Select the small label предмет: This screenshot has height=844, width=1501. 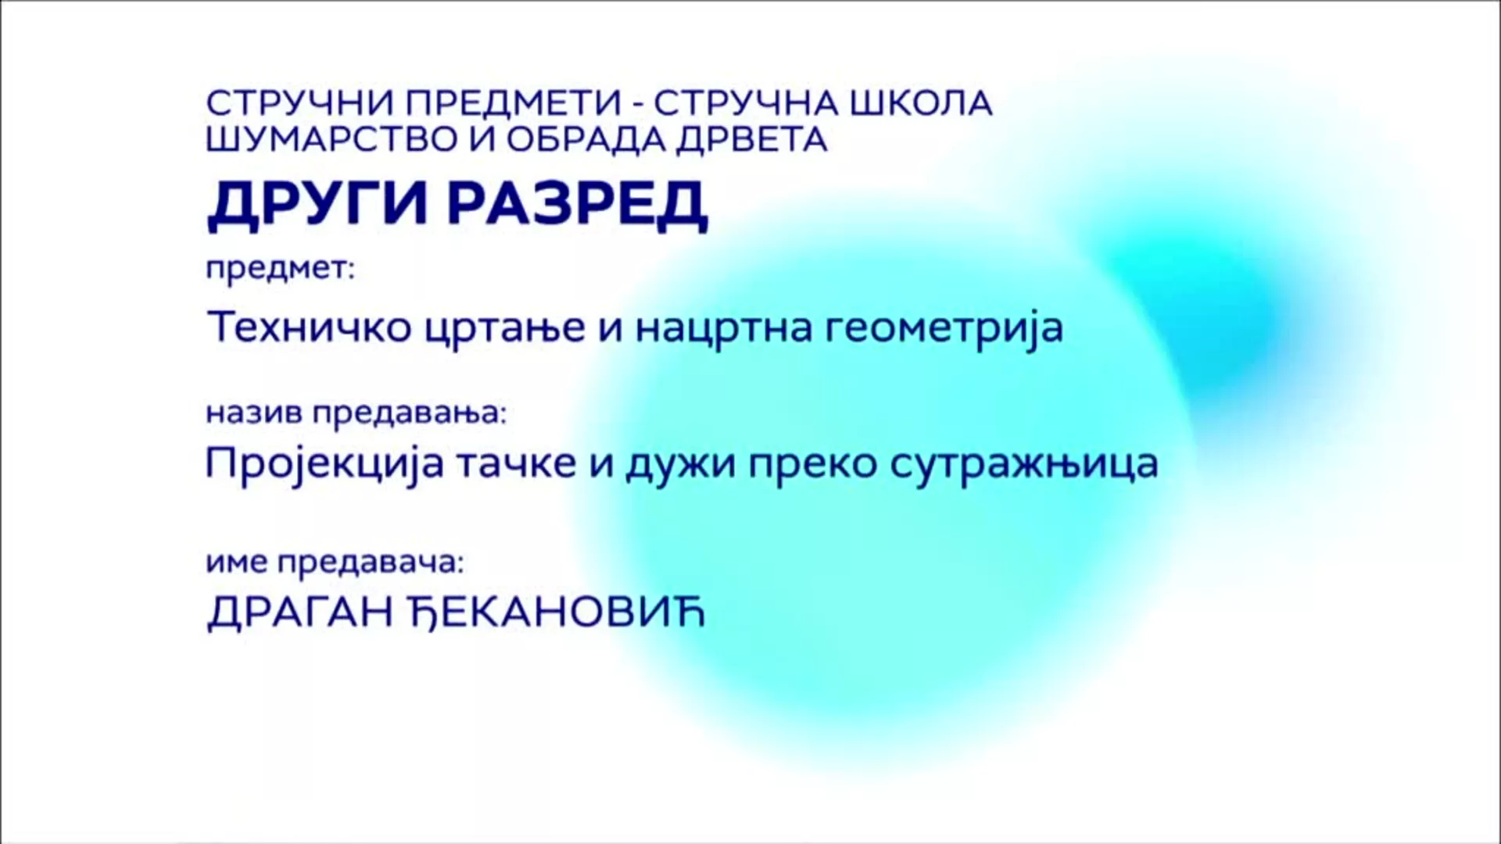pyautogui.click(x=280, y=270)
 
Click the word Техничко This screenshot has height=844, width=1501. pyautogui.click(x=310, y=327)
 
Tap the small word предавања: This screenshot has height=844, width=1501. pyautogui.click(x=410, y=413)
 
